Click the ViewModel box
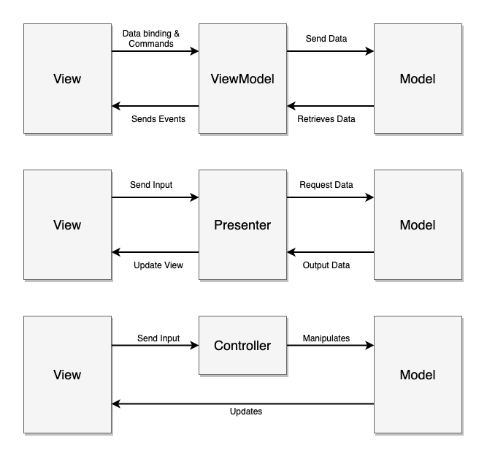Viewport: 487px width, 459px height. [x=242, y=78]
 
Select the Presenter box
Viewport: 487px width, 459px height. [x=242, y=224]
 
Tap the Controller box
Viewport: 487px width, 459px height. [x=242, y=345]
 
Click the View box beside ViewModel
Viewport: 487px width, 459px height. [x=67, y=78]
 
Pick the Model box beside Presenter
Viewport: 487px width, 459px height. [x=418, y=224]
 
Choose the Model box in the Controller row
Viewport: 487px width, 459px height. [x=418, y=374]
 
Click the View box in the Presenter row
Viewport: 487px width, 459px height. [x=67, y=224]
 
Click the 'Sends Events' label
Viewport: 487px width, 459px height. [x=158, y=118]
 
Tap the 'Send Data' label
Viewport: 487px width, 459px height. [x=326, y=38]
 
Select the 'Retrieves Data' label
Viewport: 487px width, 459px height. [x=326, y=118]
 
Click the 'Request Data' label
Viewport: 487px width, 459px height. [x=326, y=185]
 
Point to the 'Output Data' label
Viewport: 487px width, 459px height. [x=326, y=265]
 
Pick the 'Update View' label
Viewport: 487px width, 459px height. [x=158, y=265]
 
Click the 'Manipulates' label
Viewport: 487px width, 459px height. [x=326, y=338]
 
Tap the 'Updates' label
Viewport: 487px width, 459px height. [x=246, y=411]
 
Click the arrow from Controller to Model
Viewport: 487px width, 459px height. [x=330, y=345]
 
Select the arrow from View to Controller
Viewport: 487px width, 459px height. [x=155, y=345]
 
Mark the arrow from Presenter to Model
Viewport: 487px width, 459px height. [x=330, y=197]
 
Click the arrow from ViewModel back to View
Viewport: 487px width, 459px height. [x=155, y=106]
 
